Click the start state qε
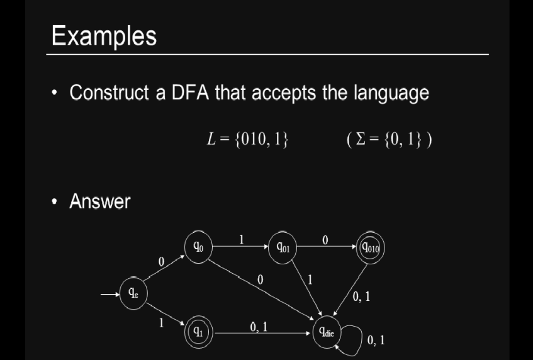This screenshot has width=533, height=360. pyautogui.click(x=133, y=293)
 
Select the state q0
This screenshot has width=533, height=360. pyautogui.click(x=198, y=247)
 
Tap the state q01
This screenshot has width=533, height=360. pyautogui.click(x=283, y=247)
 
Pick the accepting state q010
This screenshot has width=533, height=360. pyautogui.click(x=370, y=248)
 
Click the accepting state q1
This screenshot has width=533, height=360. pyautogui.click(x=199, y=332)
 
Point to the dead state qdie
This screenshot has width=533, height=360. pyautogui.click(x=327, y=332)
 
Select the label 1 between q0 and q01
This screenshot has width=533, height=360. pyautogui.click(x=242, y=240)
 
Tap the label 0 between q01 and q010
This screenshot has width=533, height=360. pyautogui.click(x=325, y=240)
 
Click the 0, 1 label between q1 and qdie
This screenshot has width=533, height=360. pyautogui.click(x=259, y=327)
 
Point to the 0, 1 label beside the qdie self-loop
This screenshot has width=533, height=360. pyautogui.click(x=376, y=340)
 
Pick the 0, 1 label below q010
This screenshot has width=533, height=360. pyautogui.click(x=361, y=297)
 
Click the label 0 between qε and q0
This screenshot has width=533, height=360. pyautogui.click(x=161, y=261)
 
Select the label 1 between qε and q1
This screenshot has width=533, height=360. pyautogui.click(x=162, y=323)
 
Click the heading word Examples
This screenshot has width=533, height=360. pyautogui.click(x=104, y=37)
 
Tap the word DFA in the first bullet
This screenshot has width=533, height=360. pyautogui.click(x=190, y=93)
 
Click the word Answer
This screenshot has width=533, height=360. pyautogui.click(x=100, y=201)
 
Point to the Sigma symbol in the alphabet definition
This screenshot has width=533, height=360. pyautogui.click(x=361, y=138)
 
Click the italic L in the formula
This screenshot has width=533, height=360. pyautogui.click(x=211, y=139)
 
